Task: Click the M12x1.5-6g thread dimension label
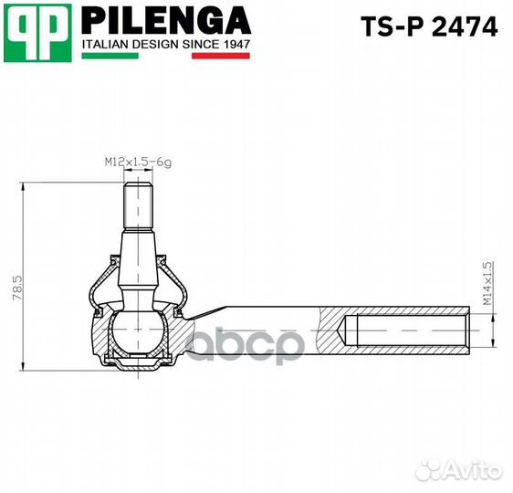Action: pyautogui.click(x=137, y=162)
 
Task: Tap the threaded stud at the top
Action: pyautogui.click(x=137, y=205)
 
